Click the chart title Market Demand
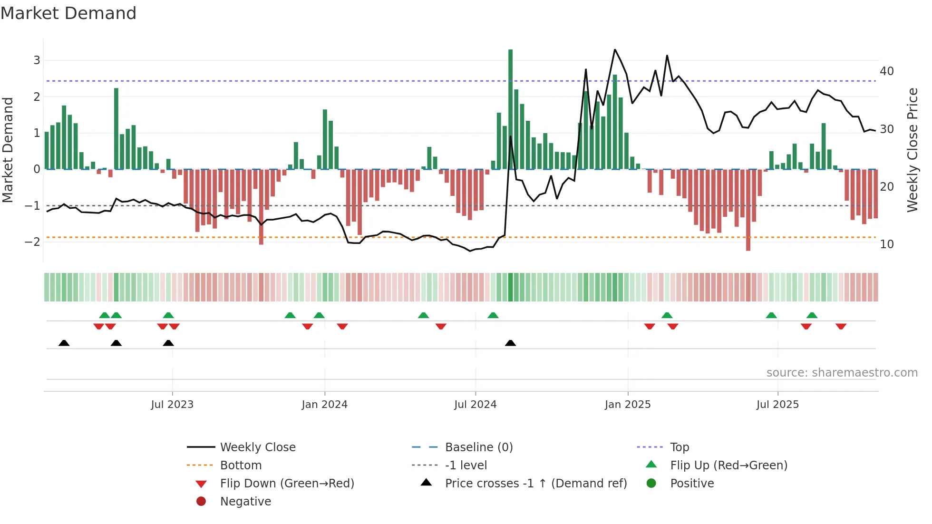(x=68, y=13)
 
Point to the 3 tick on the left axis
(x=37, y=60)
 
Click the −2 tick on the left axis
(x=32, y=242)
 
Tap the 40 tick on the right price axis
(x=886, y=71)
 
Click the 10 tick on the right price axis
(x=886, y=244)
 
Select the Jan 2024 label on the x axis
(x=324, y=405)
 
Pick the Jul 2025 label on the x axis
(x=777, y=405)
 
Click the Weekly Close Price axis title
(x=912, y=150)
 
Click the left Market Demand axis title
(x=8, y=150)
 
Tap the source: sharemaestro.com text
(x=842, y=373)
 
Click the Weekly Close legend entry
(x=257, y=447)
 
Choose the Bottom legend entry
(x=241, y=466)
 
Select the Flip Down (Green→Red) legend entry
(x=287, y=484)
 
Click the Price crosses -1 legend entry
(x=535, y=484)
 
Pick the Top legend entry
(x=679, y=447)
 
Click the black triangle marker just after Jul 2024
(x=510, y=343)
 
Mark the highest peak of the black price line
(x=614, y=49)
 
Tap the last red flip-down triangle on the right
(x=841, y=326)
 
